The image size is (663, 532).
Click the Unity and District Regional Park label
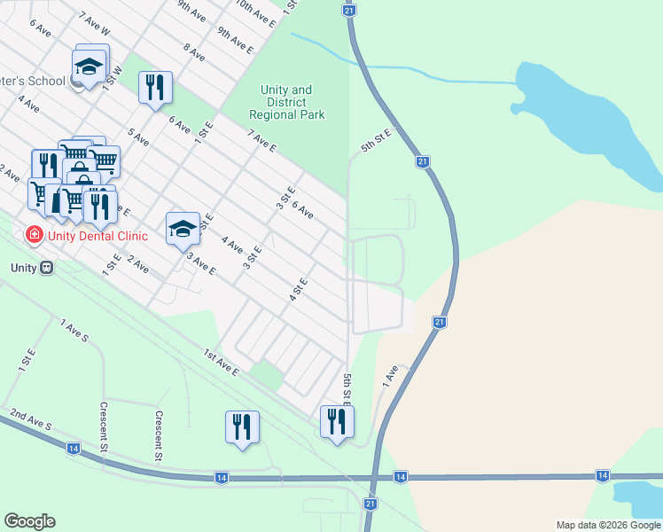click(286, 102)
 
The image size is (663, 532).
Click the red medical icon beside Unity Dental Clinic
click(34, 235)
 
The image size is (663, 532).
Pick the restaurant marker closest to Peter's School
click(155, 87)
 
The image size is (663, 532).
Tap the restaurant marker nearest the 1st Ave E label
click(241, 426)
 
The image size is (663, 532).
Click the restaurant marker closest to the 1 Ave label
click(337, 421)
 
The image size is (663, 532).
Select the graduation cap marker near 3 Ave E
click(183, 229)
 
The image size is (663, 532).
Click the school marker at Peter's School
click(89, 66)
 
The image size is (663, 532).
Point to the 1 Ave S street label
click(74, 332)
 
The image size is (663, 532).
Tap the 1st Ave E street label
click(222, 363)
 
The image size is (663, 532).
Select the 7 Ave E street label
click(262, 141)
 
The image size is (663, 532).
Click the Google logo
click(29, 521)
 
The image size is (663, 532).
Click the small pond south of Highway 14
click(640, 498)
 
